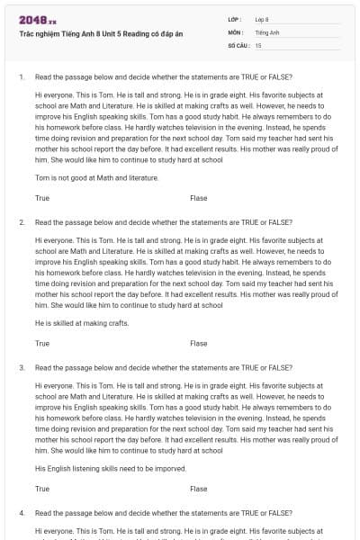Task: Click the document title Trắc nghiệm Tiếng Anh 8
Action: [100, 33]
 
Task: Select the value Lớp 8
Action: [262, 19]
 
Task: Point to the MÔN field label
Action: [236, 31]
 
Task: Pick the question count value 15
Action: [258, 44]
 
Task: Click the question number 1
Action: [22, 76]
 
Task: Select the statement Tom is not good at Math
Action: [96, 178]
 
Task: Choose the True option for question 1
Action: [42, 198]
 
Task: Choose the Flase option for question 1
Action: [198, 198]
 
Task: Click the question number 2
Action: [22, 222]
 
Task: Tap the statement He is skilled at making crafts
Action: [82, 323]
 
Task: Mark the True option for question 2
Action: [42, 343]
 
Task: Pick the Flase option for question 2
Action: [198, 343]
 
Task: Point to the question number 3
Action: [22, 367]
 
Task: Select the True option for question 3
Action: [42, 489]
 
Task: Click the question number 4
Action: [22, 513]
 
